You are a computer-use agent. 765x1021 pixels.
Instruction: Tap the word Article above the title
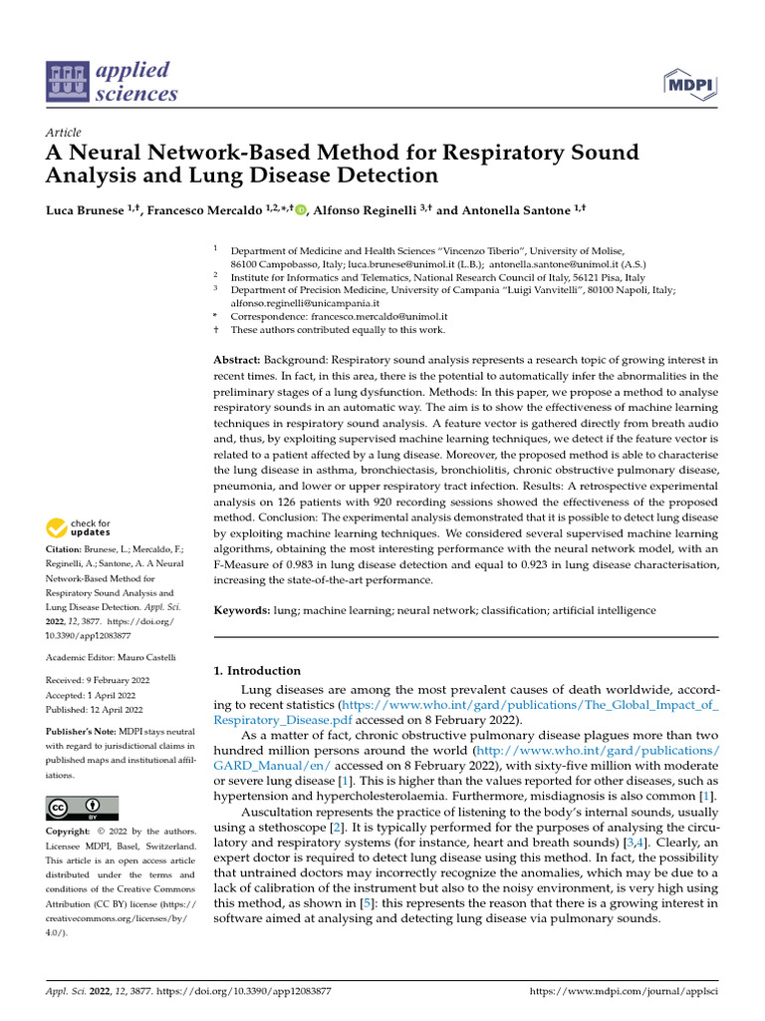point(64,133)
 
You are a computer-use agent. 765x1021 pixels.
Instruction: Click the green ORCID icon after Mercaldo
point(300,210)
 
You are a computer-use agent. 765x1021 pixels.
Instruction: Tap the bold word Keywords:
point(242,609)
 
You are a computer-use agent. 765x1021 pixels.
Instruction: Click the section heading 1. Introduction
point(257,671)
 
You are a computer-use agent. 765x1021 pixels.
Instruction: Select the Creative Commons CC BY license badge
point(82,808)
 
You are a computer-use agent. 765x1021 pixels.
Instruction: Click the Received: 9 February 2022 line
point(98,681)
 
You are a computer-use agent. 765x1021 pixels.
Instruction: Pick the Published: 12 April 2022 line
point(96,711)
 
